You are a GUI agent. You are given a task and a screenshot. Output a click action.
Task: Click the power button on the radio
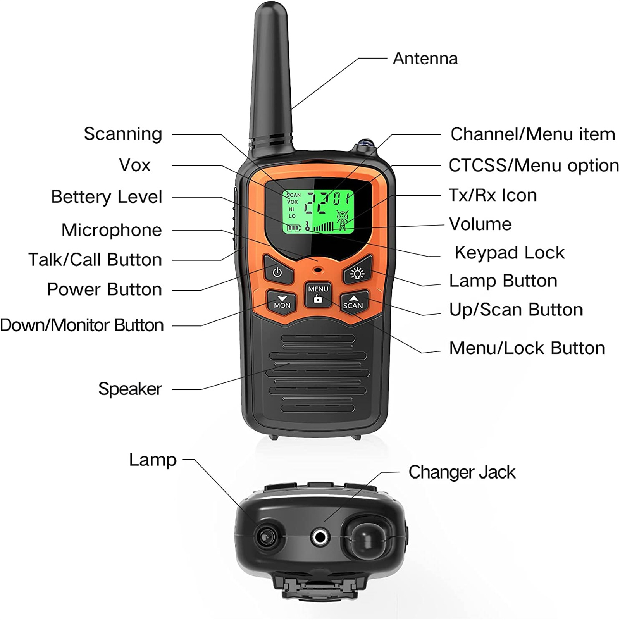point(277,272)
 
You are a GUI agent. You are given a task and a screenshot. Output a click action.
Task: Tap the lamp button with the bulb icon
point(357,273)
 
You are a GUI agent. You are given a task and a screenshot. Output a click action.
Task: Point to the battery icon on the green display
point(294,227)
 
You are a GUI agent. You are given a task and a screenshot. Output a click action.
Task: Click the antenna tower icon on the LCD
point(343,220)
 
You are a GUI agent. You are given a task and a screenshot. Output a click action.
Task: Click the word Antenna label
point(425,59)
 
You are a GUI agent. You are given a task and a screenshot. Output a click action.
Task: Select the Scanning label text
point(123,134)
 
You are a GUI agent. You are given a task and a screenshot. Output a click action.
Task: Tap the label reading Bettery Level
point(107,197)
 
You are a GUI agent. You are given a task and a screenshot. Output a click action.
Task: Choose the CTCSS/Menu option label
point(533,165)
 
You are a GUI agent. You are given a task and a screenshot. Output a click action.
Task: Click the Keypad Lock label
point(510,253)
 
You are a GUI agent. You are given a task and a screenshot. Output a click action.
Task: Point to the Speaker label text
point(130,389)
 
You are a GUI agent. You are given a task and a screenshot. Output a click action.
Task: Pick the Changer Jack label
point(462,472)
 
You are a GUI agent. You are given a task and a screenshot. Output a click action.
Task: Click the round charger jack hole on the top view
point(320,537)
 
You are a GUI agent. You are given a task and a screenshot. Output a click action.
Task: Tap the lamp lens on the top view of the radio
point(266,536)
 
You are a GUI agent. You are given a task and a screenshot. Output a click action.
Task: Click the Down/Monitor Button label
point(82,325)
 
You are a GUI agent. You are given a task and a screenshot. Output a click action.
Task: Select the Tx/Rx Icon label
point(493,195)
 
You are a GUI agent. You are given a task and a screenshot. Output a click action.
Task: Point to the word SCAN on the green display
point(294,195)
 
